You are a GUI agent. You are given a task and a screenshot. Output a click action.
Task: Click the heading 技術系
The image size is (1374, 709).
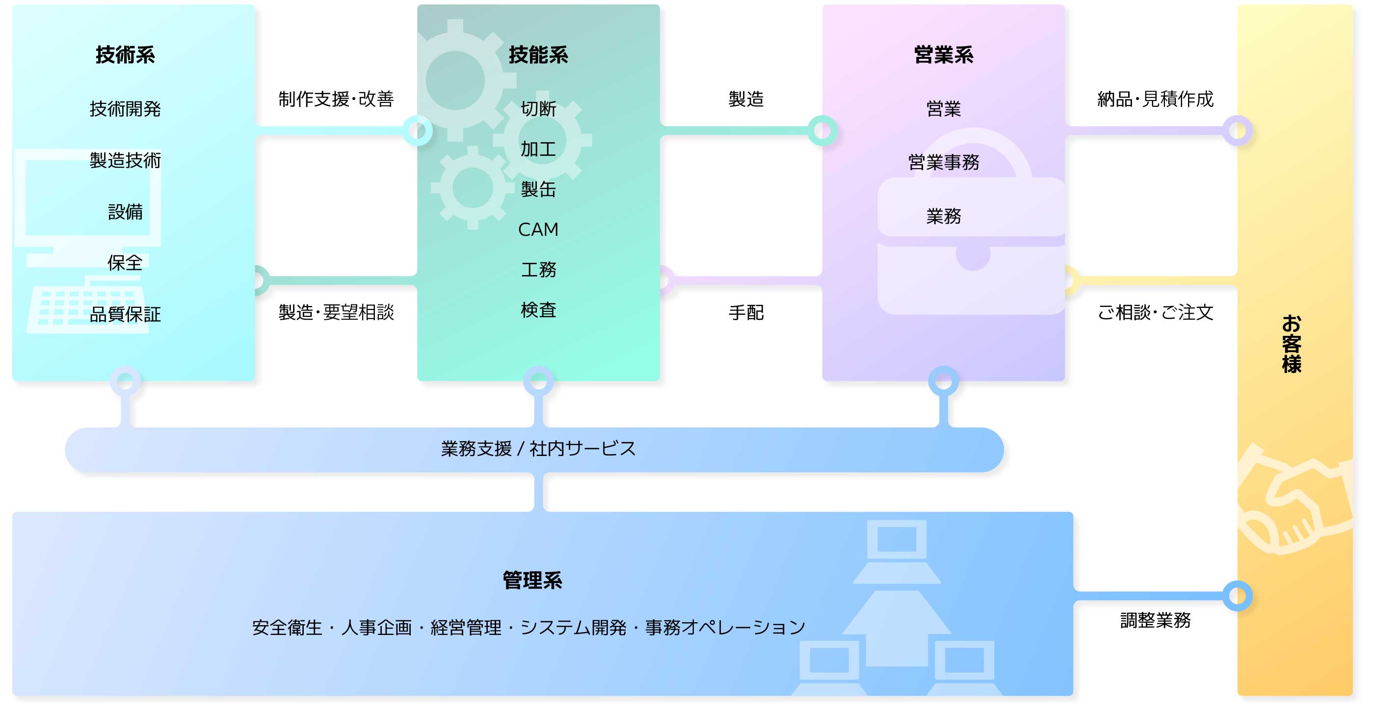tap(125, 55)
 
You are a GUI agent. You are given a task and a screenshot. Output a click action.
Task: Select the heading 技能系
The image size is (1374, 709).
tap(538, 55)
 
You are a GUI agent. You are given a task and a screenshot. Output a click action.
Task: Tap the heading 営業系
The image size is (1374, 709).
tap(944, 55)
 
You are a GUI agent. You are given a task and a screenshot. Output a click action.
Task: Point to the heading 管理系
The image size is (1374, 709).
tap(532, 580)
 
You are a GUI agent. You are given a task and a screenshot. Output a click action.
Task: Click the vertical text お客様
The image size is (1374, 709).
tap(1292, 344)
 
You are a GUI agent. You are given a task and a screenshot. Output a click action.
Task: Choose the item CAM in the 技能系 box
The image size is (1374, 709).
tap(538, 229)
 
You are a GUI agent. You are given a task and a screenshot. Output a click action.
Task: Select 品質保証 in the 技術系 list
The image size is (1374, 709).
tap(125, 314)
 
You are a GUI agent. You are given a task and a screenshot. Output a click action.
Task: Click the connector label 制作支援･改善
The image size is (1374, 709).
tap(336, 99)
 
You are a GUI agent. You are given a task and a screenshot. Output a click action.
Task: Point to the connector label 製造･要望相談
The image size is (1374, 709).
tap(336, 312)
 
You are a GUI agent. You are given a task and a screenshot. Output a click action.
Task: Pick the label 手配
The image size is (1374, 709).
tap(746, 312)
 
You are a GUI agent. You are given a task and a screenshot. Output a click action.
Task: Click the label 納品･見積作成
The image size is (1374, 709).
tap(1155, 99)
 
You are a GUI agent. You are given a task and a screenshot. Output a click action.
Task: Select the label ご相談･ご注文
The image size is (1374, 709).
tap(1155, 312)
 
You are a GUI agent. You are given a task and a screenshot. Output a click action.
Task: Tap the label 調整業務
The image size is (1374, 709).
tap(1155, 620)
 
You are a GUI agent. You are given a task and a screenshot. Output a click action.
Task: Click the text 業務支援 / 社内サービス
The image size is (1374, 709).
tap(538, 449)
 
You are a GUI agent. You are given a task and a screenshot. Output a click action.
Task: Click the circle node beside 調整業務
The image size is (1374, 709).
tap(1238, 595)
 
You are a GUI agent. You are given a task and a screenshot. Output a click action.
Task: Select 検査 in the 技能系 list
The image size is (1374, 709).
tap(538, 310)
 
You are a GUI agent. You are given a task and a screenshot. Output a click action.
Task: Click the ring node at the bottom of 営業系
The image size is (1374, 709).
tap(944, 380)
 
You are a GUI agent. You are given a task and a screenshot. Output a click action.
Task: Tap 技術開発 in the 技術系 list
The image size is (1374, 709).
tap(125, 109)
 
